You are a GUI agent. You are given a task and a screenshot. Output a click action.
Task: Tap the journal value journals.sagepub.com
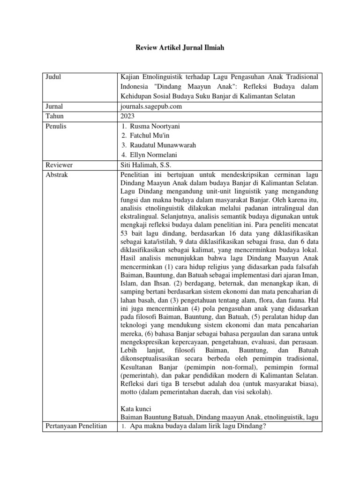(x=151, y=106)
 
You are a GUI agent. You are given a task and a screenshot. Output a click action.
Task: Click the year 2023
(x=127, y=116)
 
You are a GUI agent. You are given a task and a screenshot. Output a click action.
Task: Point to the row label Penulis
(x=56, y=126)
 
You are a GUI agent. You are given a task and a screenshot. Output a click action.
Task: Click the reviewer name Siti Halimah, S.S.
(x=144, y=165)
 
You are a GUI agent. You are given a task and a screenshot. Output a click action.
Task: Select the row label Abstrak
(x=57, y=174)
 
